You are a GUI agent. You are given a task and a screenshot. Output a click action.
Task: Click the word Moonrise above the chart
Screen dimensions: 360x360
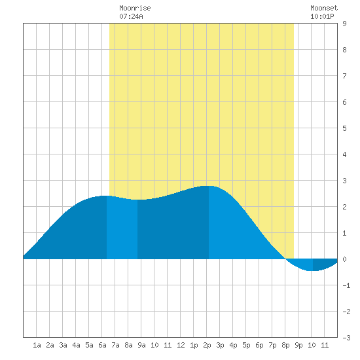[x=135, y=8]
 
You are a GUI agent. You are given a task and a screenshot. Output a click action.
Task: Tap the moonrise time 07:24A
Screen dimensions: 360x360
[x=131, y=16]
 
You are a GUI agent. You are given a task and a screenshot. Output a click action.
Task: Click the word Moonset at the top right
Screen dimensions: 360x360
[x=324, y=8]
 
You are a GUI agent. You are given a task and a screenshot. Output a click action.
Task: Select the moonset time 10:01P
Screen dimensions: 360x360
[x=322, y=16]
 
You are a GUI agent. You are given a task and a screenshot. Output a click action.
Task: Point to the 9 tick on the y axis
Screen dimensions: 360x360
[x=344, y=24]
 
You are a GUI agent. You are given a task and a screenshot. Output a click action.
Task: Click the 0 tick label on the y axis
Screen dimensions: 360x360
[x=344, y=259]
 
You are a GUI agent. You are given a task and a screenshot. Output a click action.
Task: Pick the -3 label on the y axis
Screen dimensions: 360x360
[x=346, y=338]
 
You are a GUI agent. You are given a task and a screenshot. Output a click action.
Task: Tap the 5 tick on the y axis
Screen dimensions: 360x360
[x=344, y=128]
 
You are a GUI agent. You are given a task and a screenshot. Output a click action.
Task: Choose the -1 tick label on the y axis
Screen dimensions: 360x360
[x=346, y=285]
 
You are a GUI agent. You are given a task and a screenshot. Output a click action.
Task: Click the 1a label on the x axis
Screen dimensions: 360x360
[x=37, y=345]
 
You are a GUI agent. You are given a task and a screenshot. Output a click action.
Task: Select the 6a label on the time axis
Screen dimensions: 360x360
[x=102, y=345]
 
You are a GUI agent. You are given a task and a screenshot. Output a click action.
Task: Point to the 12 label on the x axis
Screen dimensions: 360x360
[x=181, y=345]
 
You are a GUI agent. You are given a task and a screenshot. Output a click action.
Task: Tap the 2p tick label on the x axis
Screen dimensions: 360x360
[x=207, y=345]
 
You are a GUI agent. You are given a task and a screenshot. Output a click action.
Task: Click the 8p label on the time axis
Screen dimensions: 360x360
[x=285, y=345]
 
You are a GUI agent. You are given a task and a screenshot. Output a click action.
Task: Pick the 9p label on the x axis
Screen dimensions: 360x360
[x=298, y=345]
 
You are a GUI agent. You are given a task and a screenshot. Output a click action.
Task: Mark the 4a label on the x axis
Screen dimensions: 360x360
[x=76, y=345]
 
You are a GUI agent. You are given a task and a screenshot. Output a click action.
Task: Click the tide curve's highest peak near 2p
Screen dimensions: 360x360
[x=208, y=186]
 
